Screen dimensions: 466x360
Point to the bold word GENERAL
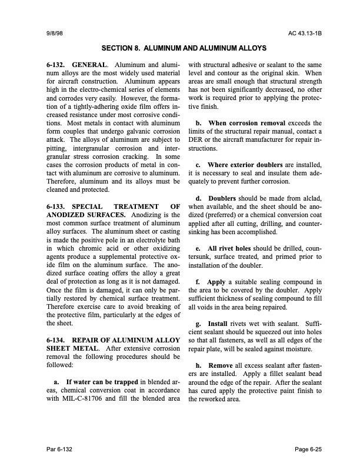coord(91,64)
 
